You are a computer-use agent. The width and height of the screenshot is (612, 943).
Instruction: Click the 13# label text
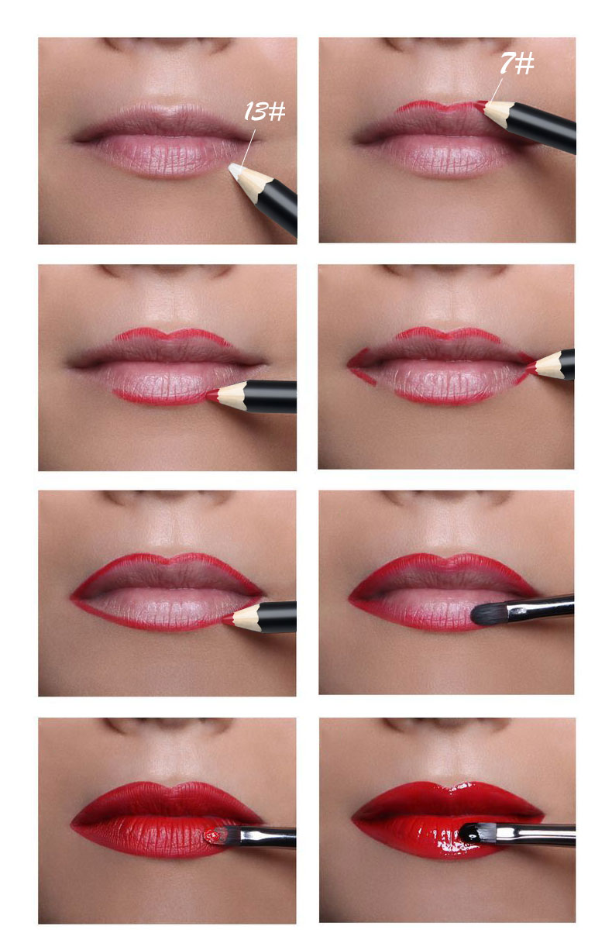tap(264, 112)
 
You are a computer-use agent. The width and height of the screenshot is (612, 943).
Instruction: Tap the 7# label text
tap(515, 64)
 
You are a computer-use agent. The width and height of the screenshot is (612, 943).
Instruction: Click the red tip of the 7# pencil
tap(481, 104)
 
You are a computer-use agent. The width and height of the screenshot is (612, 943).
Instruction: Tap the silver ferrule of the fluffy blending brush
tap(527, 607)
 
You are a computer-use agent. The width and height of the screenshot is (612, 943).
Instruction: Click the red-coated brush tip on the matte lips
tap(211, 835)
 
